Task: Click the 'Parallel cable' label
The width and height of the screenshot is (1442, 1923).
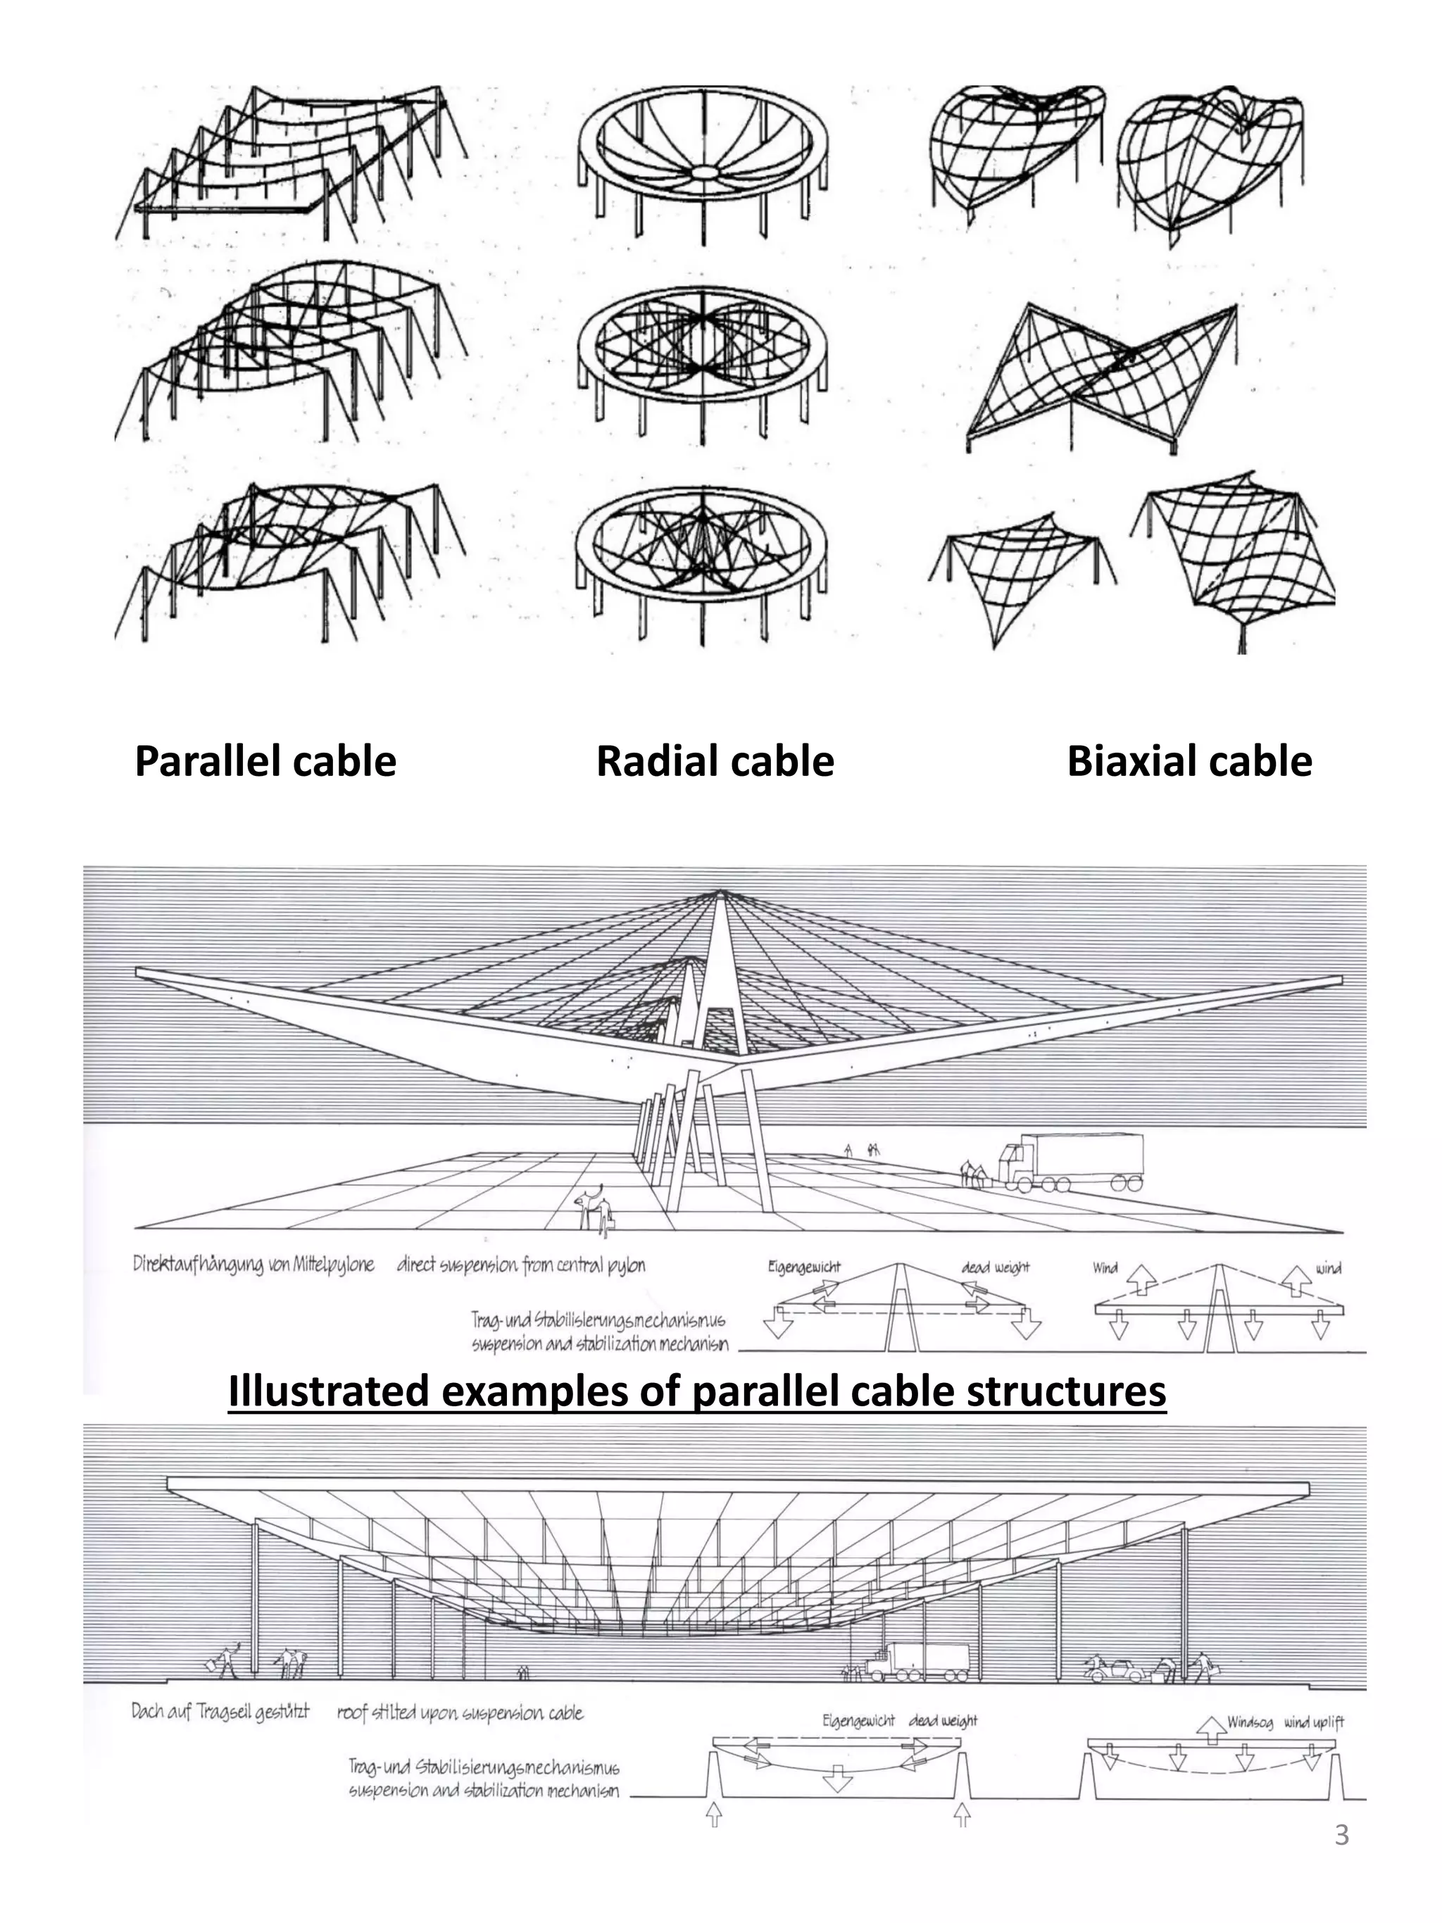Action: (x=265, y=762)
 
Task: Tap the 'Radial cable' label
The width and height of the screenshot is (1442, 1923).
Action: (x=715, y=762)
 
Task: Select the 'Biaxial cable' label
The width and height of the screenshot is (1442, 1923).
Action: (x=1189, y=762)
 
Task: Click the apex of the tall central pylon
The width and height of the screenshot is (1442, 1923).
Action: (x=720, y=892)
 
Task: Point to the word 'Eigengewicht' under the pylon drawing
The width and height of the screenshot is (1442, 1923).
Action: (x=804, y=1267)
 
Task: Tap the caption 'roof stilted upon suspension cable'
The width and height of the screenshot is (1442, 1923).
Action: (x=460, y=1713)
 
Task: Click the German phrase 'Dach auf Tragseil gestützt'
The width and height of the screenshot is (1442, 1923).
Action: (x=220, y=1712)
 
